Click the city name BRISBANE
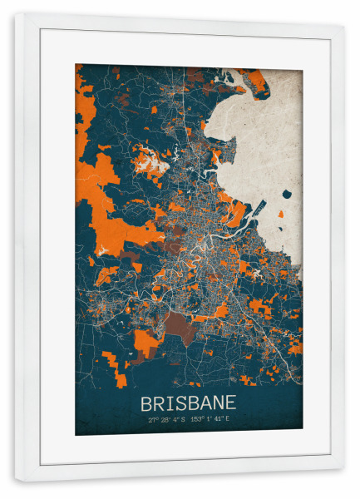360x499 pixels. (x=189, y=403)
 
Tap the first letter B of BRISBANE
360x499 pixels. (x=147, y=403)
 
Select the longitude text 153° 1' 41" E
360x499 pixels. (x=212, y=420)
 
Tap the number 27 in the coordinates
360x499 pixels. (x=152, y=420)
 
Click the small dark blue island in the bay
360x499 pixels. (x=288, y=195)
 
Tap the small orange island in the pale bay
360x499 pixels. (x=280, y=215)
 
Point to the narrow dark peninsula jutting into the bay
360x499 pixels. (x=256, y=208)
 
